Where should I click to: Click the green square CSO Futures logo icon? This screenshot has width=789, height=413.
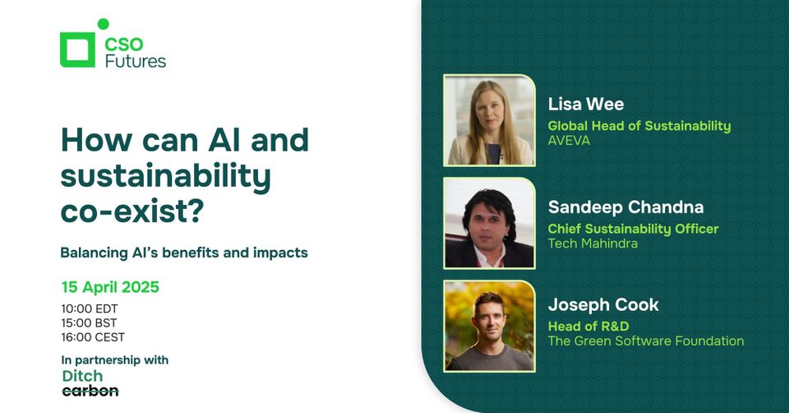77,49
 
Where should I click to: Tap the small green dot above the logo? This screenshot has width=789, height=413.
103,24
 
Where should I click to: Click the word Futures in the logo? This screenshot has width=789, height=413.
136,61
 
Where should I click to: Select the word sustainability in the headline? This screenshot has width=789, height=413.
166,176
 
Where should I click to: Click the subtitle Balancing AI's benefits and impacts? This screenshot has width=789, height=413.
184,253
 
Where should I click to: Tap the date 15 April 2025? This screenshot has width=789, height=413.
110,288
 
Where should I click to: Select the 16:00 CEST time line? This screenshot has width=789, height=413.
93,336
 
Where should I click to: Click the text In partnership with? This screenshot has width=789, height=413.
114,360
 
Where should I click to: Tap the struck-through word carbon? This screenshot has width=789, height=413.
90,391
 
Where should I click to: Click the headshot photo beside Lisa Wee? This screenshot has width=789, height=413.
490,121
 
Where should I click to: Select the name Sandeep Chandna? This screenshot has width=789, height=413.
625,206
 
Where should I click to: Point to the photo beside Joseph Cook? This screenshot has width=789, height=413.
490,326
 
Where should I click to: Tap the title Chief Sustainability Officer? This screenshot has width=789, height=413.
633,229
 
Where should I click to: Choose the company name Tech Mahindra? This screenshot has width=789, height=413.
593,243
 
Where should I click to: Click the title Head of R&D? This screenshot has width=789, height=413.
588,327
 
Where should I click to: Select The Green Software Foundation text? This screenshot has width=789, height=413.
646,341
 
